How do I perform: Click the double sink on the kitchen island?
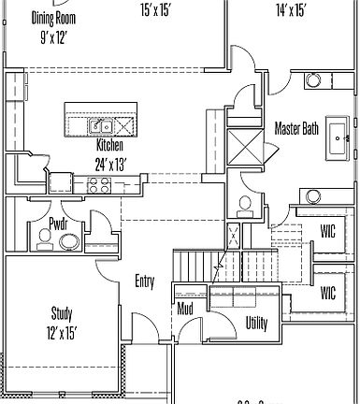(x=101, y=126)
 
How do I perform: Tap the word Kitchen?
(x=109, y=146)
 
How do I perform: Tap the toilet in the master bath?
(x=244, y=205)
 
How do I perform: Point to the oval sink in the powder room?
(x=69, y=241)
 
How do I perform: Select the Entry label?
(x=145, y=281)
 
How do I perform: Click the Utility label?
(x=256, y=323)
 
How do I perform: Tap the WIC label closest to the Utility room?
(x=327, y=292)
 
